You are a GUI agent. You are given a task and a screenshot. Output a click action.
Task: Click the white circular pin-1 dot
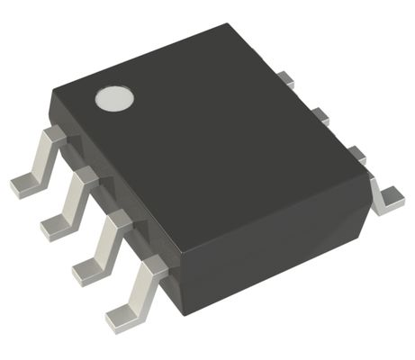(114, 98)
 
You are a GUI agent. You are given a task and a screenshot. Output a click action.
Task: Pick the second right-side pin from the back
(318, 115)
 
